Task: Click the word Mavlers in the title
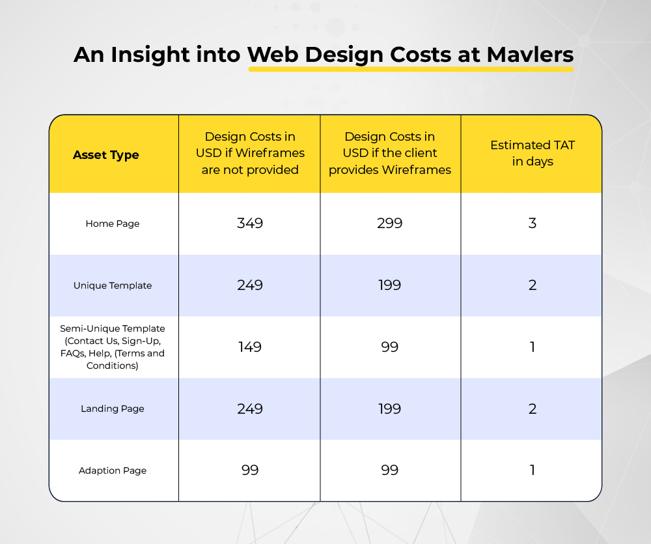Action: pos(530,55)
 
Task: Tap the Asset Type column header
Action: pos(106,155)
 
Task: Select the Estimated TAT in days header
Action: pos(533,153)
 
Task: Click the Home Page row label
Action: pos(113,223)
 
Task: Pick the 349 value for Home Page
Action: pos(250,223)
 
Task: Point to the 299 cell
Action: pos(389,223)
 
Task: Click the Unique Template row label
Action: pos(113,285)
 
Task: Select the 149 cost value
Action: pos(250,347)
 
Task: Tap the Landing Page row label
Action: pos(113,408)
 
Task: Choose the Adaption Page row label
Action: pos(113,470)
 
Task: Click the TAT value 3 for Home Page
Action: pos(533,223)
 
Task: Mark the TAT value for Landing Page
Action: pos(533,408)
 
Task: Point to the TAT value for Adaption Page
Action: pos(533,470)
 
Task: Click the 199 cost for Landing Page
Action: pos(389,408)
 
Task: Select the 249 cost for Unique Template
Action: pos(250,285)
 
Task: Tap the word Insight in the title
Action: pos(150,55)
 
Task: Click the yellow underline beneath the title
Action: pos(411,69)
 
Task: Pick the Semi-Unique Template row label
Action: pos(113,347)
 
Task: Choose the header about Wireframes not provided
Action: pos(250,153)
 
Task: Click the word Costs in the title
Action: pos(420,55)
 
